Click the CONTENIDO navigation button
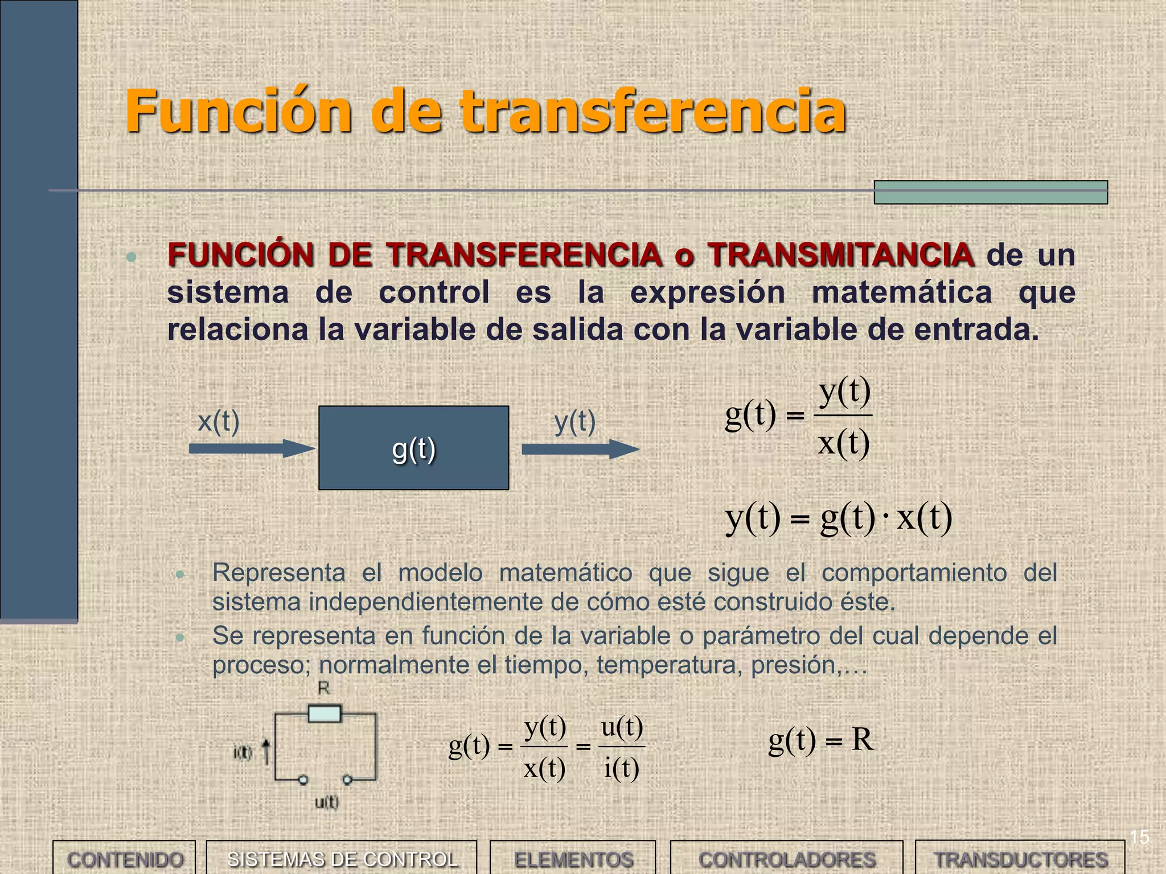124,859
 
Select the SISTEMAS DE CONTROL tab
342,859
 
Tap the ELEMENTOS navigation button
573,859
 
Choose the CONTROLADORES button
786,859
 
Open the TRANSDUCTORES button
1020,859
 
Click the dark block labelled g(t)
413,448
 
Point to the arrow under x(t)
251,448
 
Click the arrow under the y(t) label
580,449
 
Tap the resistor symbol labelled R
325,714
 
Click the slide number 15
1139,837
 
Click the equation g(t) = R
820,740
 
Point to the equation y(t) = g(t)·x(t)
838,518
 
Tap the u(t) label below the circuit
327,802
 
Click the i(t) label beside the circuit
243,753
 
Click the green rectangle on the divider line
991,192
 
